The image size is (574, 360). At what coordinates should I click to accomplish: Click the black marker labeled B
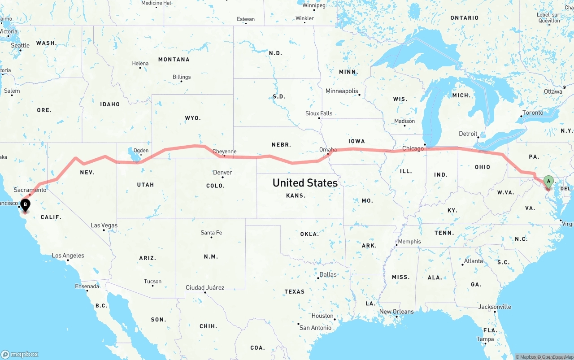[x=26, y=205]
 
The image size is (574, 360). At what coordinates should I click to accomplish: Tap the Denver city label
[x=222, y=173]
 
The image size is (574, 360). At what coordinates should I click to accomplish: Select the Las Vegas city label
[x=104, y=226]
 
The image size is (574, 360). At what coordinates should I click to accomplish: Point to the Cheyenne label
[x=224, y=152]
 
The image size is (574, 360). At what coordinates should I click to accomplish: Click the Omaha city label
[x=328, y=150]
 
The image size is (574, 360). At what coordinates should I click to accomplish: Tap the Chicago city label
[x=413, y=148]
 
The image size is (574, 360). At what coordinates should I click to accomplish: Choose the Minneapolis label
[x=342, y=91]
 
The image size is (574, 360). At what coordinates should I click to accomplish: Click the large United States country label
[x=305, y=183]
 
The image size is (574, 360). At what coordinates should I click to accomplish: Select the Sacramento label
[x=30, y=190]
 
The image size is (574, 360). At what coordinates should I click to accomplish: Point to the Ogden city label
[x=141, y=151]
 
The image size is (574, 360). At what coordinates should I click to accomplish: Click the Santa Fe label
[x=211, y=233]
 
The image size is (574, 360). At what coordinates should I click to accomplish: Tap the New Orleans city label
[x=396, y=312]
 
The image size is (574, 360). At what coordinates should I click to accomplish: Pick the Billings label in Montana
[x=182, y=77]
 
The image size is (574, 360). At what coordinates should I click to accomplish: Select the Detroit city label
[x=468, y=134]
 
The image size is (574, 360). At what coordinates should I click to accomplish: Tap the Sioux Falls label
[x=319, y=113]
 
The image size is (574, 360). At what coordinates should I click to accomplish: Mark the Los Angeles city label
[x=68, y=256]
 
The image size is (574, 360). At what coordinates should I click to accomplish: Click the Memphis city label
[x=409, y=242]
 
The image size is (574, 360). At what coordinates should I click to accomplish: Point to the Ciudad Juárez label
[x=205, y=287]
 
